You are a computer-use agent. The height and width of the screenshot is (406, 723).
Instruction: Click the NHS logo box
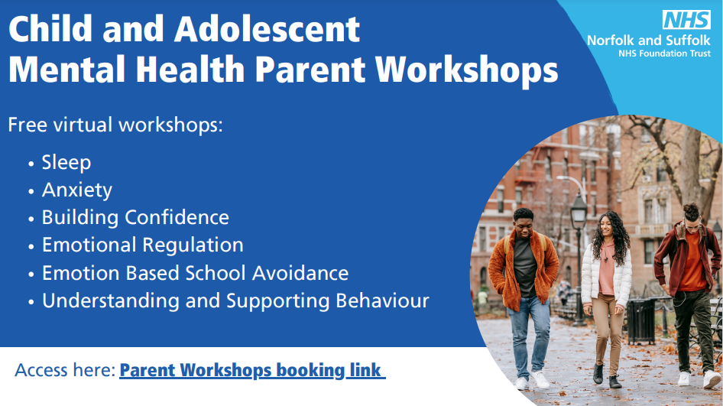tap(686, 20)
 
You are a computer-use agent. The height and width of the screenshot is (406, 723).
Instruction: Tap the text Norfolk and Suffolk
tap(649, 41)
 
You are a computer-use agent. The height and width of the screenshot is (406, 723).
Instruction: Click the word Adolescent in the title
tap(267, 30)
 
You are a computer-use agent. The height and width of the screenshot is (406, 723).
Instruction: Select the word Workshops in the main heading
tap(466, 70)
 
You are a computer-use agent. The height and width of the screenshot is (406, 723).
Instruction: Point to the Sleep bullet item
tap(66, 162)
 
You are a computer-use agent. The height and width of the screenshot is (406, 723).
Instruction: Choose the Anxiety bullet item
tap(77, 190)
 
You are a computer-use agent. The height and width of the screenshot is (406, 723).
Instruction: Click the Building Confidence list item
tap(135, 217)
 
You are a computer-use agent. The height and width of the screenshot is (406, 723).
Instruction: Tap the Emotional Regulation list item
tap(142, 245)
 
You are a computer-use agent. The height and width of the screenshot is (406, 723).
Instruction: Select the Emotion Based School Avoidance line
tap(195, 273)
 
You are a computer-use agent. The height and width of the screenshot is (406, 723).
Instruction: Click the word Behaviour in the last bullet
tap(382, 300)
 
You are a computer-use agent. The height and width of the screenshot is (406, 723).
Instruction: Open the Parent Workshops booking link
tap(252, 370)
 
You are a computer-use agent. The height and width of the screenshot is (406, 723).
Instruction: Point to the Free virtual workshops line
tap(115, 125)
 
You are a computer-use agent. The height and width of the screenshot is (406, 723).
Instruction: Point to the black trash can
tap(641, 322)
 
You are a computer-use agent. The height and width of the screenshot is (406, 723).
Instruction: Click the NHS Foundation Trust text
tap(664, 54)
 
